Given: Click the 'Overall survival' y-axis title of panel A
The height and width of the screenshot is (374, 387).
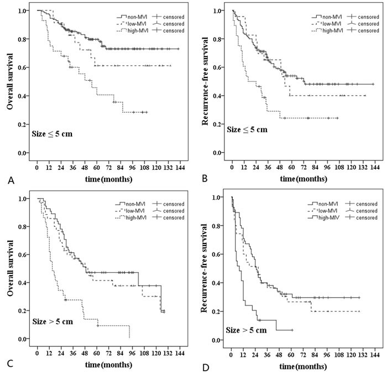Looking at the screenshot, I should (x=11, y=82).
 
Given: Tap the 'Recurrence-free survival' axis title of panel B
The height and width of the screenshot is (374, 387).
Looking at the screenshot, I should (x=206, y=82).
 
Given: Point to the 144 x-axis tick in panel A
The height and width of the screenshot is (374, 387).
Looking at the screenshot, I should (x=180, y=166).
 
